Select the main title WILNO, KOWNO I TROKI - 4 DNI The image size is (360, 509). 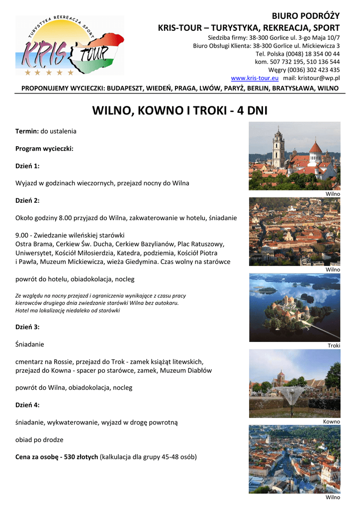[180, 110]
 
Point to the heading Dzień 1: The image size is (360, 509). [27, 166]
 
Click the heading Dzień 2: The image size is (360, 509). [27, 200]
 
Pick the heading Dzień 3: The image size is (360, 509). [27, 327]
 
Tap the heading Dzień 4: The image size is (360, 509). [27, 405]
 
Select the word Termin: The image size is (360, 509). [27, 131]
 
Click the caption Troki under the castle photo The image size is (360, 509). [334, 345]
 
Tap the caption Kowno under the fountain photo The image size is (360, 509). [332, 422]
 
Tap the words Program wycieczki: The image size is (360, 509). [44, 148]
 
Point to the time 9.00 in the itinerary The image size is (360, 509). [22, 235]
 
